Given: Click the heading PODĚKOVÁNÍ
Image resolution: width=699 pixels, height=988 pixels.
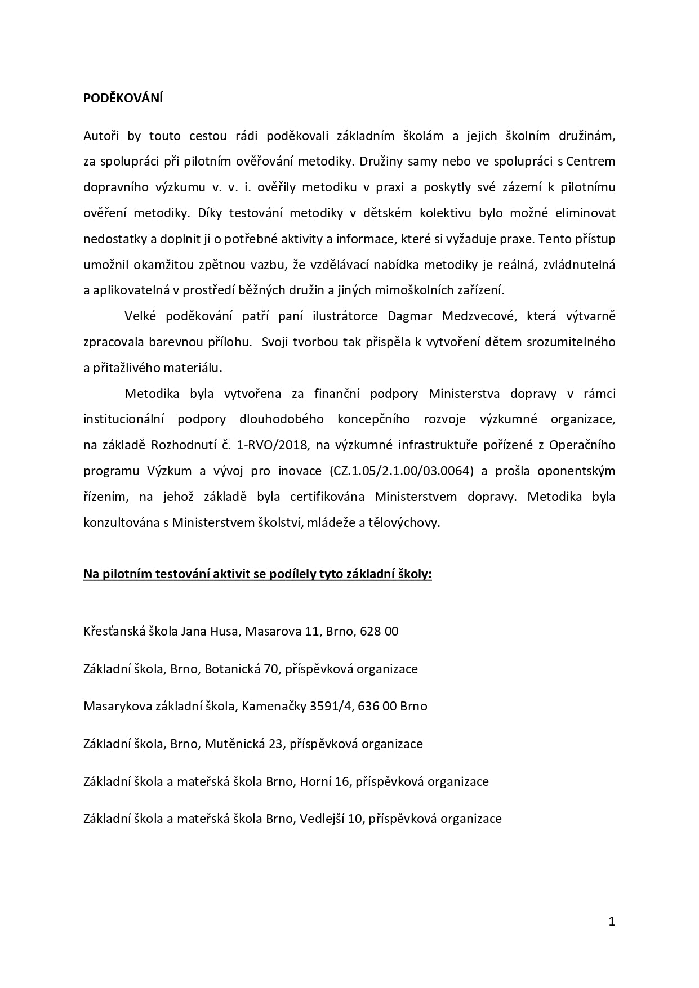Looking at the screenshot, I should click(x=123, y=98).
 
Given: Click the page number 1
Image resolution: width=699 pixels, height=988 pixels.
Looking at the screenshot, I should click(x=612, y=921).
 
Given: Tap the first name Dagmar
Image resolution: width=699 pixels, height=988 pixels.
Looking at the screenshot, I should click(x=409, y=316).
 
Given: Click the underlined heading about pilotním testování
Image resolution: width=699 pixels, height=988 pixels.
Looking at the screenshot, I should click(x=257, y=574).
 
